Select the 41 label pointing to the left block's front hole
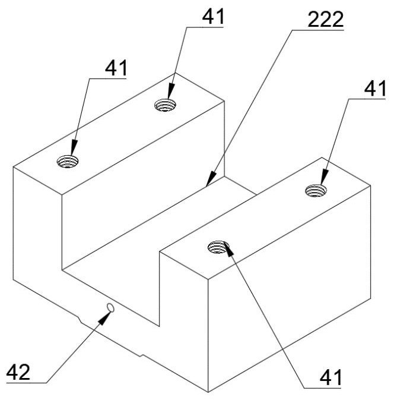tap(116, 68)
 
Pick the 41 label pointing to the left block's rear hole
tap(212, 16)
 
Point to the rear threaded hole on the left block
tap(166, 106)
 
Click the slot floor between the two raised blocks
tap(160, 232)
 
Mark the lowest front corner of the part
tap(208, 391)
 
